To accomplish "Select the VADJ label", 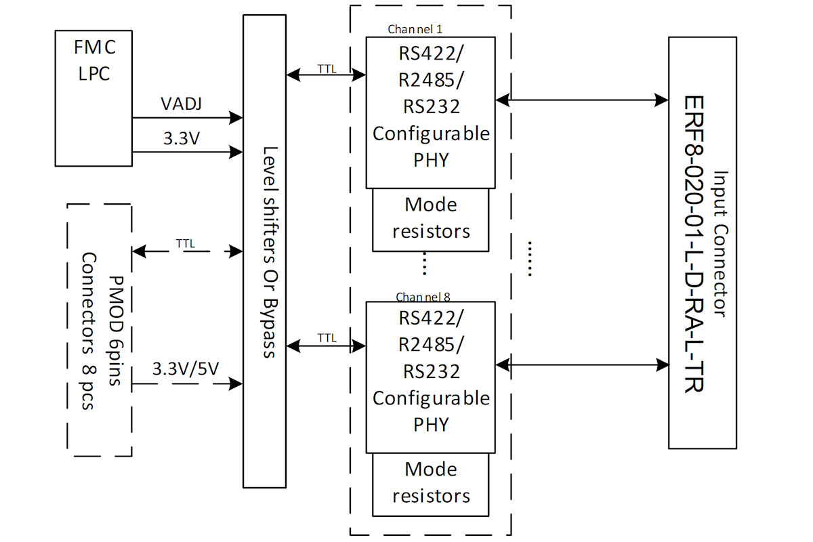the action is point(181,104).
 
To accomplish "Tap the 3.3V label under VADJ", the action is point(182,138).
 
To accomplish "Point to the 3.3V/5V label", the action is point(186,369).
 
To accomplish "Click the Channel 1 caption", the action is point(415,29).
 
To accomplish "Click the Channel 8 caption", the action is point(423,297).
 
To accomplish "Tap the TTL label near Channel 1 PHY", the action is point(327,68).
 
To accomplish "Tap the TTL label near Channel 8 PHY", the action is point(327,338).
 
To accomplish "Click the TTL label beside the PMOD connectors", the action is point(186,243).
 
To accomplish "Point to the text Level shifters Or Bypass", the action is point(270,252).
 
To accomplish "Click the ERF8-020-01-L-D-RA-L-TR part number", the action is point(694,245).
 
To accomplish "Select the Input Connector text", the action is point(721,245).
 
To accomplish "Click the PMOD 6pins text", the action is point(116,331).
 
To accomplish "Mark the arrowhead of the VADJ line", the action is point(236,118).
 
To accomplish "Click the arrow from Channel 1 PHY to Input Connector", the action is point(582,100).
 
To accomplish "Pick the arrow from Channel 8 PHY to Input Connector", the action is point(582,364).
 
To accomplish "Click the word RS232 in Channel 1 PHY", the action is point(432,106).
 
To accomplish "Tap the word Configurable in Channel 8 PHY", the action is point(431,398).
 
